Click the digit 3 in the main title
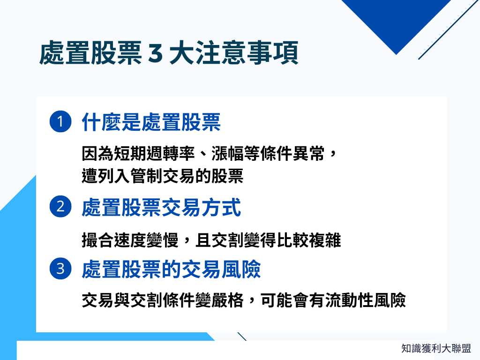click(x=154, y=54)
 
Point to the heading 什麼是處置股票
click(x=151, y=122)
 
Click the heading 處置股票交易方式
click(x=161, y=207)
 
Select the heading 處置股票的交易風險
click(x=171, y=269)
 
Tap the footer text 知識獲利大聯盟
click(x=436, y=348)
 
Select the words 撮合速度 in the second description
click(x=111, y=241)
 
